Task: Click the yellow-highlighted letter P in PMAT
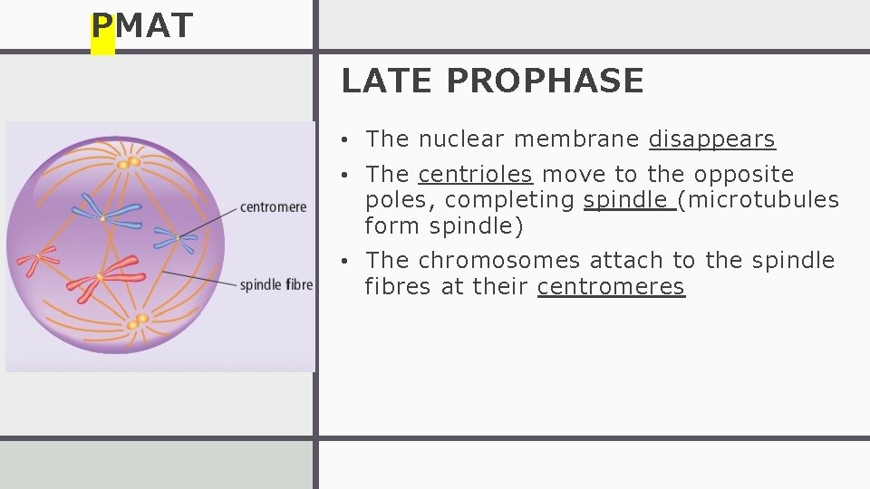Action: coord(102,27)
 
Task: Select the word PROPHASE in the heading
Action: coord(545,81)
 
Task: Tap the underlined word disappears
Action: coord(712,139)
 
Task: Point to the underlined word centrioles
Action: coord(475,174)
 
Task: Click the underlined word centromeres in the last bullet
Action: coord(611,287)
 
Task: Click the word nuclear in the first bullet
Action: coord(461,139)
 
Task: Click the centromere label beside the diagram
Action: coord(273,207)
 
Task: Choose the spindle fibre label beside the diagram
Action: coord(276,285)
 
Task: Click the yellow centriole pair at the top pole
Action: coord(129,163)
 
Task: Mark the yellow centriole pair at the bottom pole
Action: coord(138,321)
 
